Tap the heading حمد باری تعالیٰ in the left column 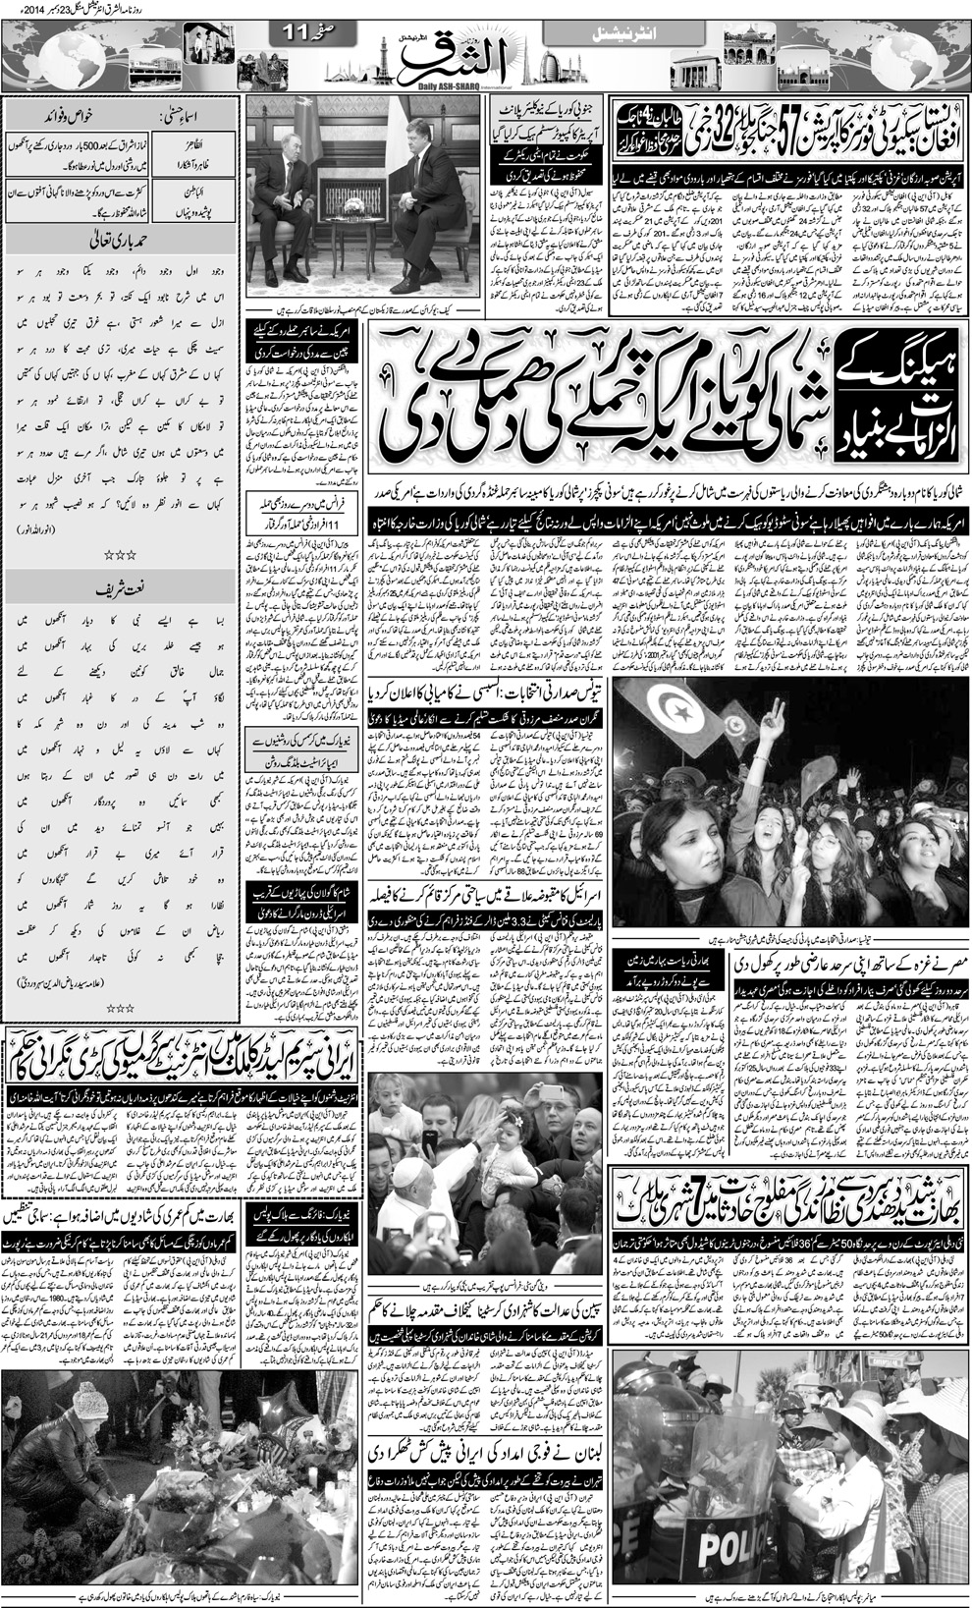[121, 240]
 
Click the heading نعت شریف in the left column [121, 590]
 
